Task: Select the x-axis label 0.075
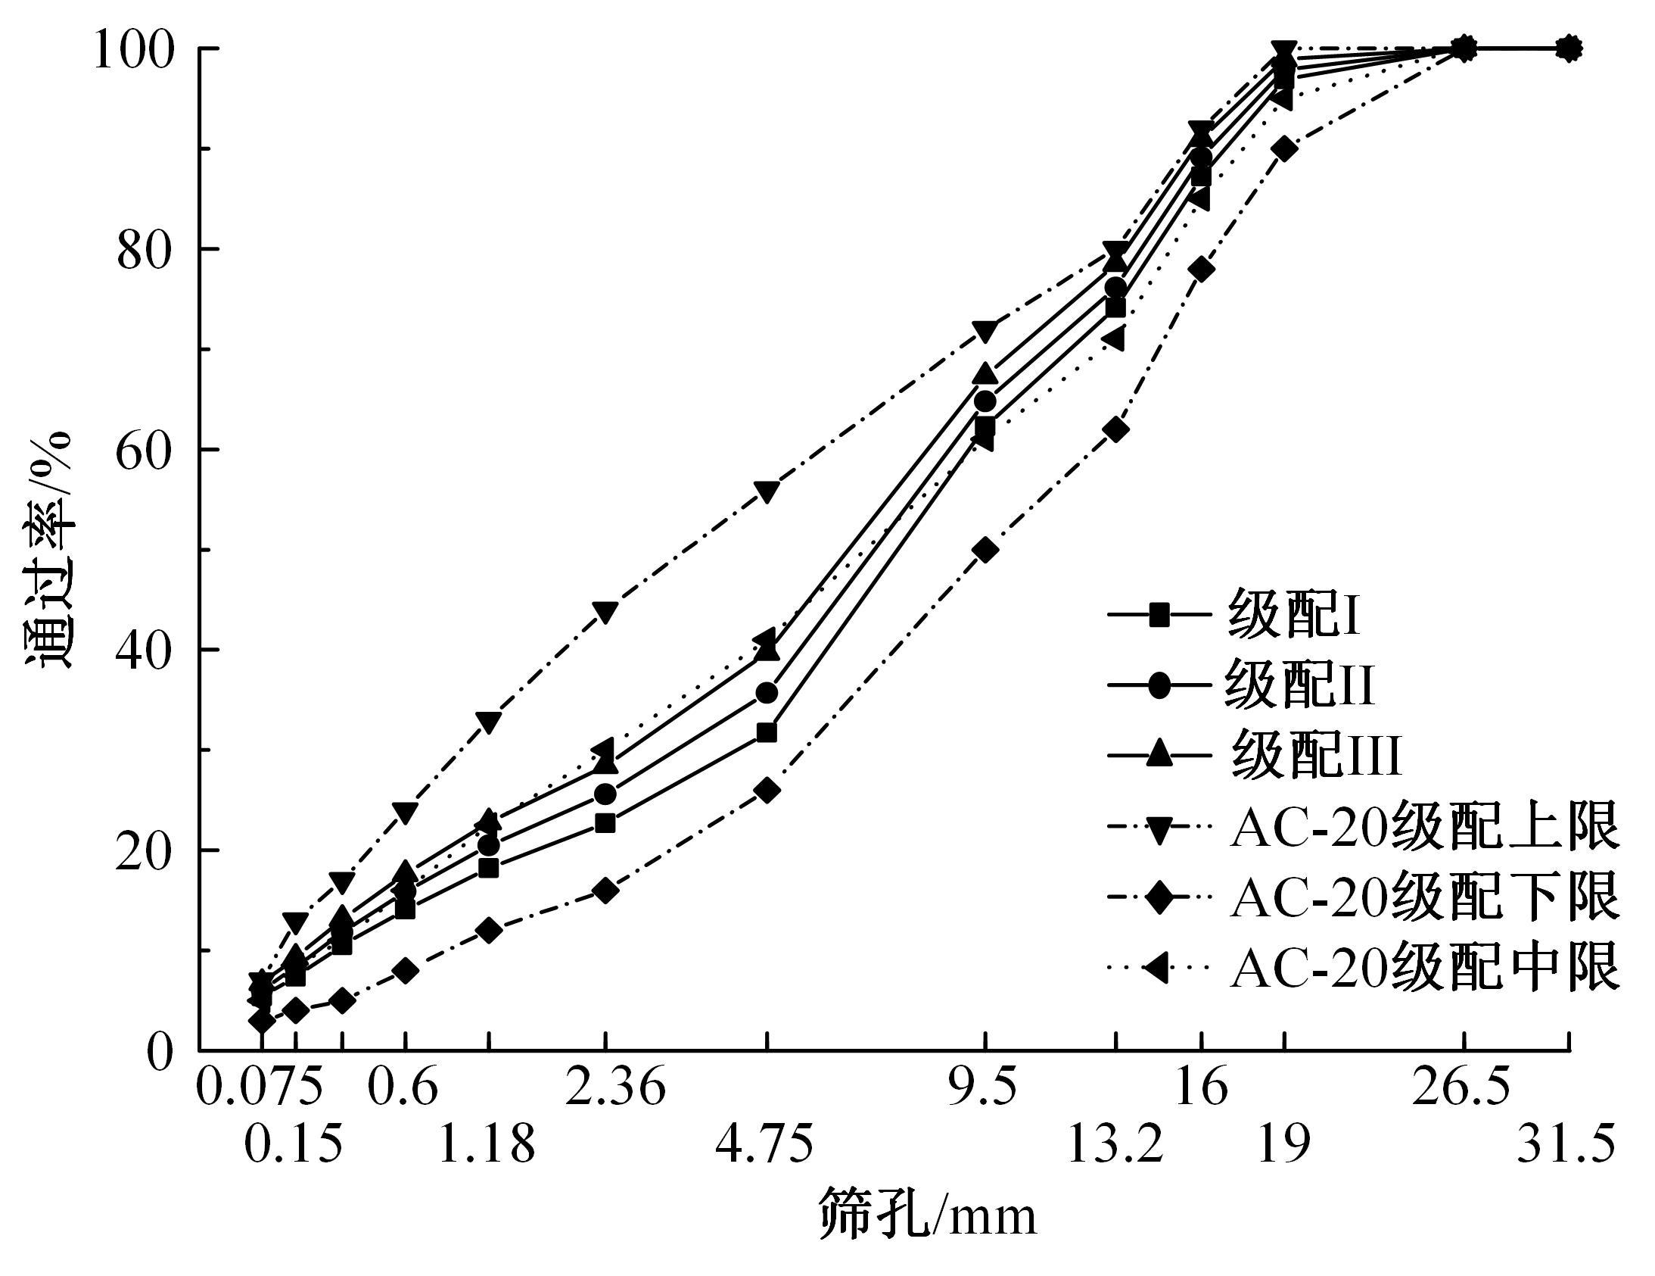click(x=259, y=1088)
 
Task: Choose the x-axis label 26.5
click(x=1461, y=1088)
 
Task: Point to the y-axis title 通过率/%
click(x=50, y=550)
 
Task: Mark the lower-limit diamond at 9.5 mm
click(x=985, y=551)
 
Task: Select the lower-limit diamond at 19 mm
click(x=1284, y=148)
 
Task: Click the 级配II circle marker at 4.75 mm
click(x=767, y=693)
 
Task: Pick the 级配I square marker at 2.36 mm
click(x=605, y=823)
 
